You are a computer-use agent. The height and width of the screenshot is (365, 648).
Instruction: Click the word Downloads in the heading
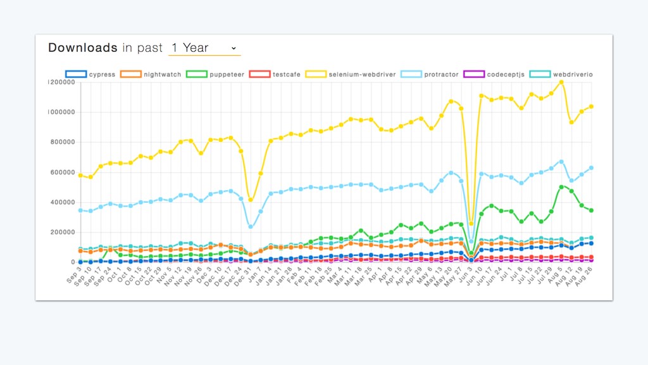pyautogui.click(x=82, y=48)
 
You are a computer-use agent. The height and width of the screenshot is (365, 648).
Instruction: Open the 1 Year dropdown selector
pyautogui.click(x=204, y=48)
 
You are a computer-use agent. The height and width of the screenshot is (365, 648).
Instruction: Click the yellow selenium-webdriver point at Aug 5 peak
pyautogui.click(x=561, y=82)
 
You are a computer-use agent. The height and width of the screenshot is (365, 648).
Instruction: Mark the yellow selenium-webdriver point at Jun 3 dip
pyautogui.click(x=471, y=224)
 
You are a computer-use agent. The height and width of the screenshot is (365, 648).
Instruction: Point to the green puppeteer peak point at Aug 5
pyautogui.click(x=561, y=187)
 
